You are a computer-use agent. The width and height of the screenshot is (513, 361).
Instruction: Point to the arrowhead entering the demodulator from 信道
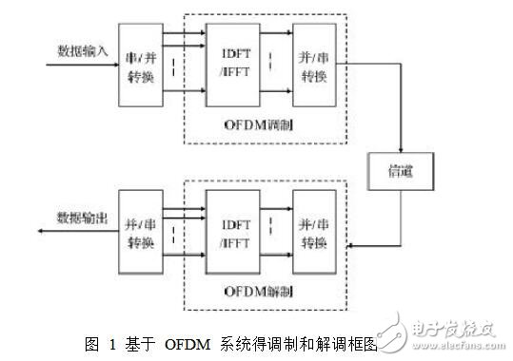(x=341, y=245)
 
